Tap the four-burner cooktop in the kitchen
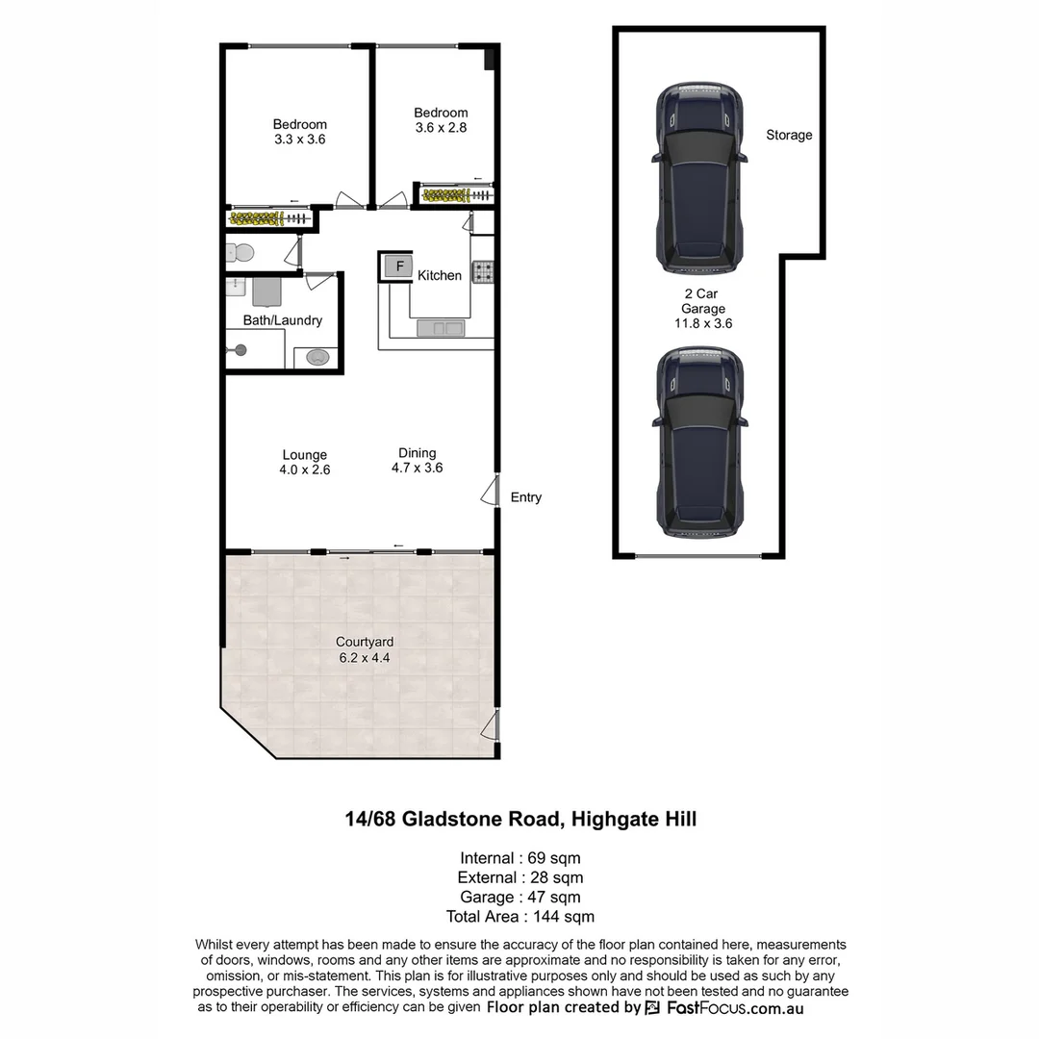(x=482, y=272)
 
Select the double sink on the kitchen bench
(x=440, y=329)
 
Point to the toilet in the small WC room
(x=241, y=253)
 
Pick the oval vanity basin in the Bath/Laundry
(x=317, y=358)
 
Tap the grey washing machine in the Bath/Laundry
(x=266, y=291)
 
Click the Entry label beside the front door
(x=526, y=497)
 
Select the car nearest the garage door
(x=699, y=443)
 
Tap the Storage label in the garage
(x=789, y=136)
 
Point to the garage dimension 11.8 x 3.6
(x=703, y=324)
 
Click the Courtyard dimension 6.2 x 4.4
(x=364, y=658)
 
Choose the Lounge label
(x=304, y=455)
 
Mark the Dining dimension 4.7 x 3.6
(x=417, y=469)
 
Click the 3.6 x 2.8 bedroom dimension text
(x=441, y=127)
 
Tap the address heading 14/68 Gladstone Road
(x=520, y=820)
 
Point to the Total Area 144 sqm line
(x=520, y=917)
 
